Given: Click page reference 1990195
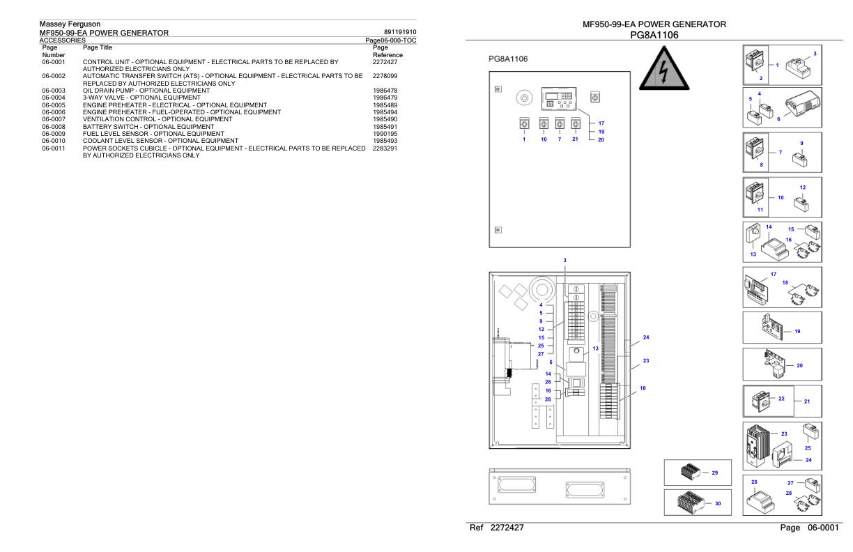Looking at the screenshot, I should click(x=385, y=132).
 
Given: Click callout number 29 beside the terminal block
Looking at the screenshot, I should click(x=715, y=473).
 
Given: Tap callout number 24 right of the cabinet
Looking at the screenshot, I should click(x=646, y=338).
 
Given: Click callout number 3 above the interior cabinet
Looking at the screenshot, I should click(x=565, y=260).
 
